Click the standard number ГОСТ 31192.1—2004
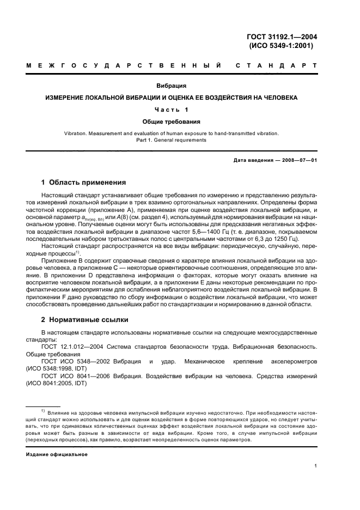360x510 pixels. click(282, 37)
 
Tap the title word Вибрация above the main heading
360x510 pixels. click(172, 86)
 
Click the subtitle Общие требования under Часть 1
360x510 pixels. click(172, 122)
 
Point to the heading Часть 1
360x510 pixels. click(172, 110)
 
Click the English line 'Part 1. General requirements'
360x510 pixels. click(172, 140)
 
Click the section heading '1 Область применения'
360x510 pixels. click(84, 182)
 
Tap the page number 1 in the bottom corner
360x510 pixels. click(316, 466)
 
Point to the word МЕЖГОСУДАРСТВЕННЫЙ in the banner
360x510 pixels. click(123, 65)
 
